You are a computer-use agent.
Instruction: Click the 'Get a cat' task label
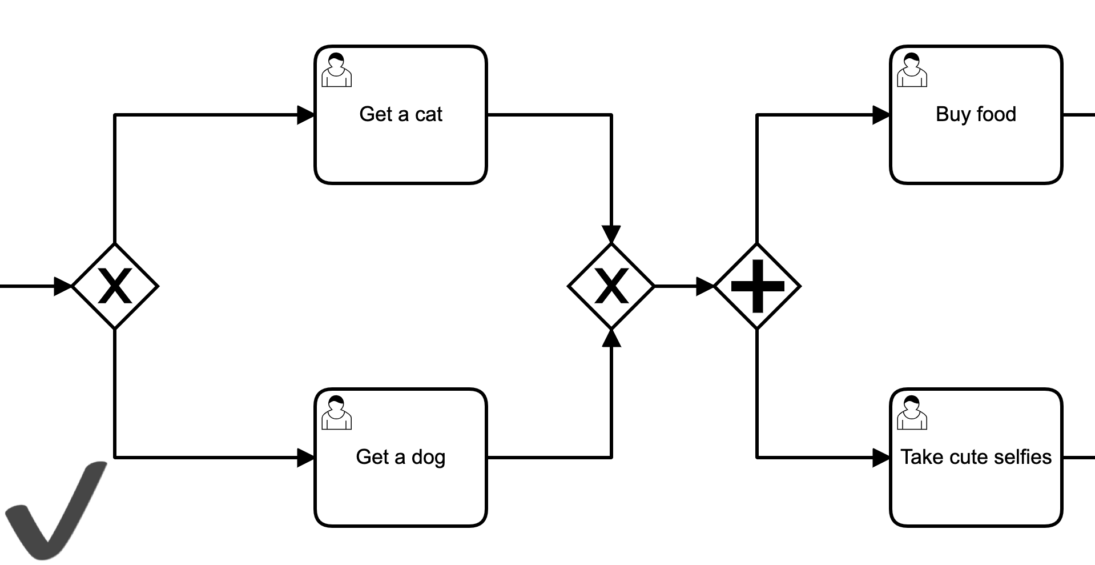(400, 114)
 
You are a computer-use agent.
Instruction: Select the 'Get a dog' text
(400, 457)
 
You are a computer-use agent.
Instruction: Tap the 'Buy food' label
(976, 114)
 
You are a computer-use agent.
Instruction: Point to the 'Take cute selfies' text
(976, 457)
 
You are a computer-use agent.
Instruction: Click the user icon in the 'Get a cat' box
(336, 70)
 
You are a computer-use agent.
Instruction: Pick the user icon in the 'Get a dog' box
(336, 412)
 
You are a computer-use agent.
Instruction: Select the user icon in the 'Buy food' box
(912, 70)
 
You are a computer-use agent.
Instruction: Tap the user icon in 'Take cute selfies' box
(912, 412)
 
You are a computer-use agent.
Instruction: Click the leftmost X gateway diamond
(115, 286)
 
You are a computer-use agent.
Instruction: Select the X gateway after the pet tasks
(611, 286)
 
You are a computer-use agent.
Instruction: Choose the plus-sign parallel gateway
(757, 286)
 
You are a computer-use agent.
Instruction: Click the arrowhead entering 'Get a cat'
(305, 115)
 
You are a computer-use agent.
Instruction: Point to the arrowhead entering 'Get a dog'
(305, 458)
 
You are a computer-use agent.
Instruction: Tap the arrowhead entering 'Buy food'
(881, 115)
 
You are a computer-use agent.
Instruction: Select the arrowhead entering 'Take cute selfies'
(881, 458)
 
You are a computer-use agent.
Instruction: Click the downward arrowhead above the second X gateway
(611, 235)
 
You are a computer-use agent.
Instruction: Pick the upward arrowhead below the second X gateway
(611, 338)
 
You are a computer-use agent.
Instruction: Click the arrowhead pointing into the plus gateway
(705, 286)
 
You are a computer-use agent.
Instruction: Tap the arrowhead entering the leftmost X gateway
(62, 286)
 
